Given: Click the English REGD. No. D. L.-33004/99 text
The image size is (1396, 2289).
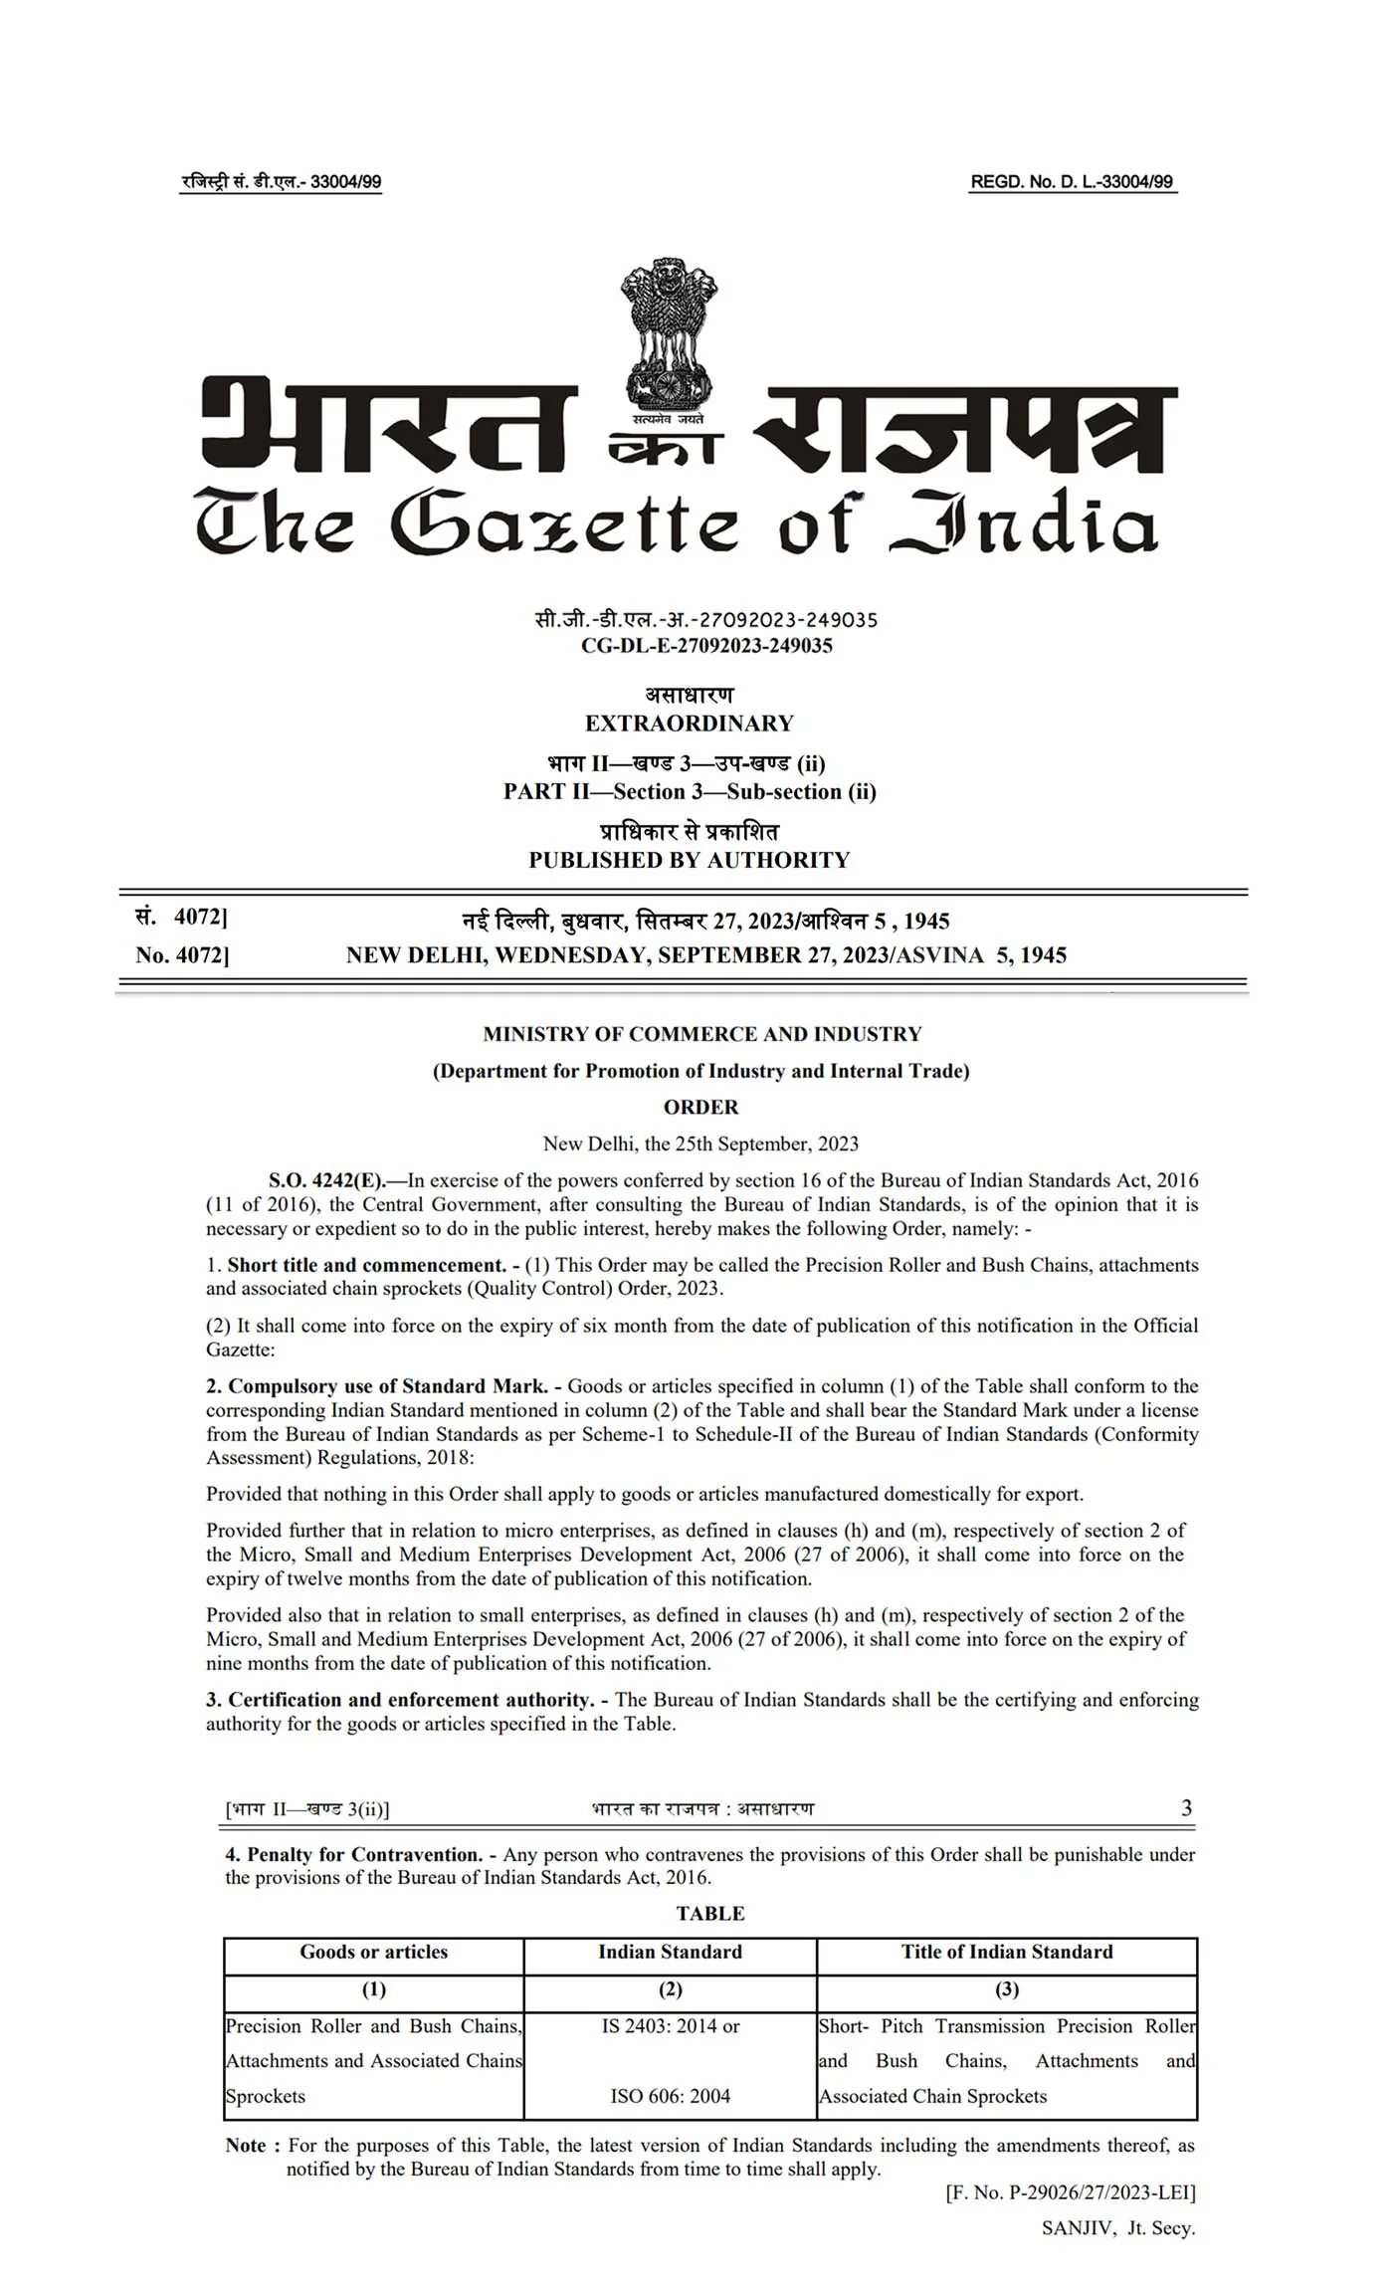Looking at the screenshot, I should point(1072,182).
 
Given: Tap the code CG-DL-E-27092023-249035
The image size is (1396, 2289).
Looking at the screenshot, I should point(706,645).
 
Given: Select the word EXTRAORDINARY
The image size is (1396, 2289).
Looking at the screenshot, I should point(689,724).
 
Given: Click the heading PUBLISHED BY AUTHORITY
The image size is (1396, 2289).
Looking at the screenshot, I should point(689,860).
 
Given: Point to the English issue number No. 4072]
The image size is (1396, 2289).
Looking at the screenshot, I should point(182,955).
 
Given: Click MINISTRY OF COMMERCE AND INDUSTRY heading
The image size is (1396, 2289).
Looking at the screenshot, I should point(702,1034).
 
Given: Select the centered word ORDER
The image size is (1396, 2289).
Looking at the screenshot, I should point(700,1107).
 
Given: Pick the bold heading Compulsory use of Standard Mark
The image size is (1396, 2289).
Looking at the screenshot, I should point(388,1385).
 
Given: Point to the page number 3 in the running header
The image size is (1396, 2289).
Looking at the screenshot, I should point(1186,1808).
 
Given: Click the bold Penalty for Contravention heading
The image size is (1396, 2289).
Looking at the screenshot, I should point(365,1854).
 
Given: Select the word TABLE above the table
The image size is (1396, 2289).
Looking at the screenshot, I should point(710,1913).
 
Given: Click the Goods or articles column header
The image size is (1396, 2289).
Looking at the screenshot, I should point(374,1952).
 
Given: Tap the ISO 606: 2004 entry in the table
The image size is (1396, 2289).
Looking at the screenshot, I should point(670,2096).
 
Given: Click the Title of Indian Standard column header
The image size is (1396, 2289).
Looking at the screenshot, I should point(1007,1952).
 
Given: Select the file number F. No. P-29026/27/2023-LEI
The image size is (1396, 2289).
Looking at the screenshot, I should point(1071,2191).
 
